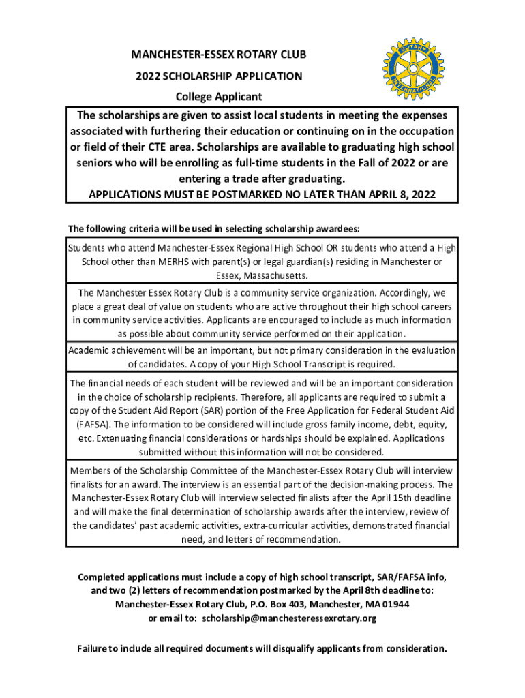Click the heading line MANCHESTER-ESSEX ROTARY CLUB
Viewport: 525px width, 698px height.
(x=219, y=55)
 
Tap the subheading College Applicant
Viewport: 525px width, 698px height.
(x=219, y=97)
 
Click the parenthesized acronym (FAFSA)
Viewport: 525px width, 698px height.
(x=88, y=424)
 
